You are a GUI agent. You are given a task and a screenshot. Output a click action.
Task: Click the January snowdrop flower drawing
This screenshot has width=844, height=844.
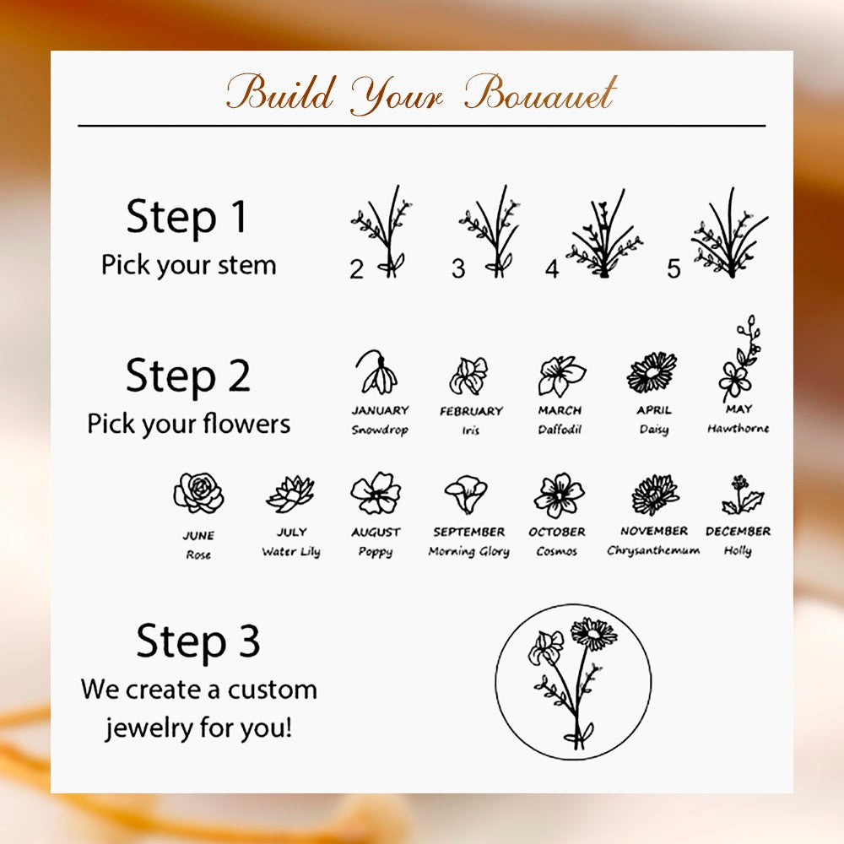point(376,372)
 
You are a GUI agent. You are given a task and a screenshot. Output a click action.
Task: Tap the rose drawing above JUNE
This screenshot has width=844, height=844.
point(198,493)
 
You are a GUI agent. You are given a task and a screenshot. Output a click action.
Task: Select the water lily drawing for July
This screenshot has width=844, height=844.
point(290,494)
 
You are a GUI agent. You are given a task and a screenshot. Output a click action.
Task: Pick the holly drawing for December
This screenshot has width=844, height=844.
point(742,494)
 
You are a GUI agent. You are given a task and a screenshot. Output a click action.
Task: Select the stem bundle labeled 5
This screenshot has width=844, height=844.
point(729,232)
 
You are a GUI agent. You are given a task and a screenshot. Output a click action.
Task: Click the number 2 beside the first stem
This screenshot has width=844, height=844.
point(356,268)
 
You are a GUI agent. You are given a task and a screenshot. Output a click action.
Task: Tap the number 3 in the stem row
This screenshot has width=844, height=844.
point(458,268)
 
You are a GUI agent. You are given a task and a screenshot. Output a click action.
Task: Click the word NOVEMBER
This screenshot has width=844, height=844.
point(654,531)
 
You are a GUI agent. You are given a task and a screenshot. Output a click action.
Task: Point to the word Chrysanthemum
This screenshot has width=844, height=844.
point(653,550)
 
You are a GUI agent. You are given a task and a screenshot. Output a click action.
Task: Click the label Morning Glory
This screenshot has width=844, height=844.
point(468,551)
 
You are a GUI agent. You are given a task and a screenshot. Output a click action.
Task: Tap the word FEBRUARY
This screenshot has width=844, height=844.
point(471,411)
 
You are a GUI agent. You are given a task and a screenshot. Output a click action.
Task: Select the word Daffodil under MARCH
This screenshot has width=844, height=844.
point(560,429)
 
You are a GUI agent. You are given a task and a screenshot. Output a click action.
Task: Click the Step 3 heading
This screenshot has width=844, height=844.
point(198,641)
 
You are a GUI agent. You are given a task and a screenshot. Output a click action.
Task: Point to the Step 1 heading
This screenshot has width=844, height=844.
point(187,216)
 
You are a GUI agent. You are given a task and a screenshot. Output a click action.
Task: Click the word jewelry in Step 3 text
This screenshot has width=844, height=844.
point(149,728)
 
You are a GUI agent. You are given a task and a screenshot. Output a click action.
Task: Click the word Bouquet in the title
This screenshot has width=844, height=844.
point(540,94)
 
